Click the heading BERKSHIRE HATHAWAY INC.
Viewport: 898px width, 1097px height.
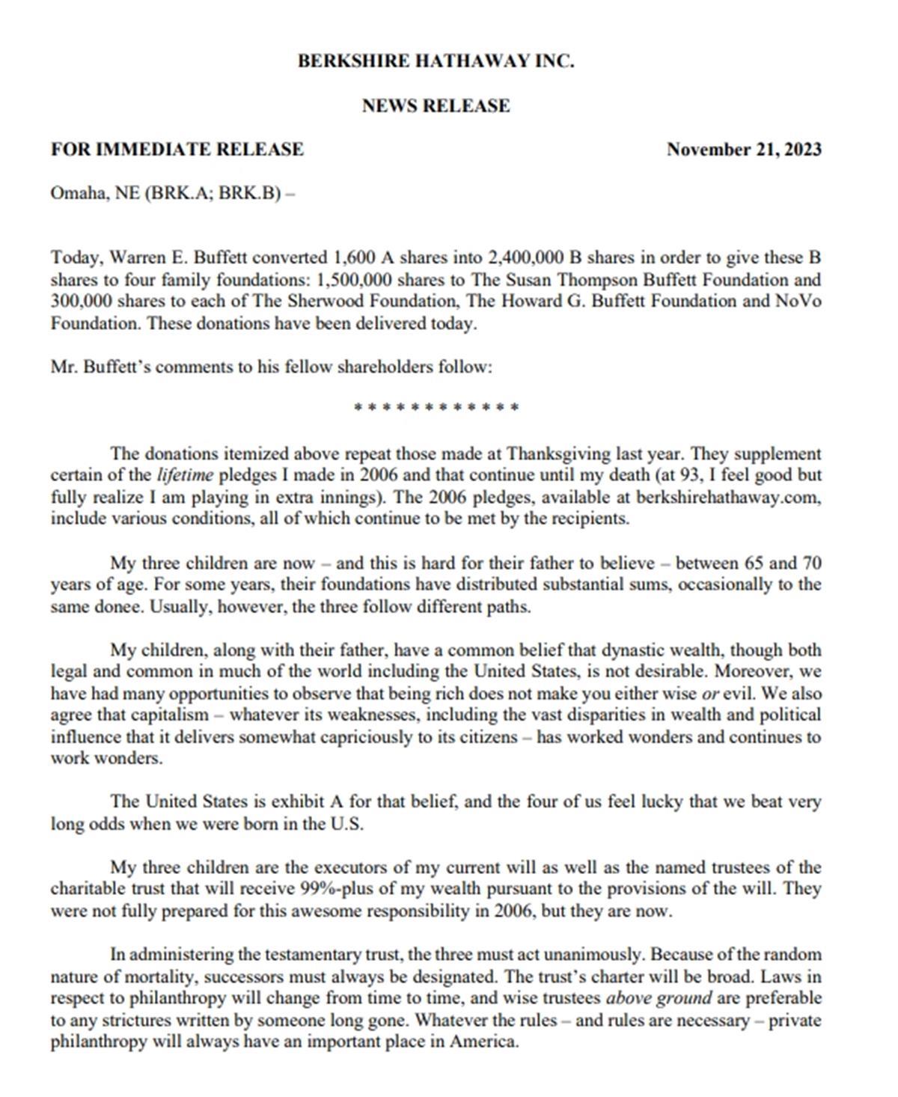click(436, 61)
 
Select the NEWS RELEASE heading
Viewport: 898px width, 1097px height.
click(436, 106)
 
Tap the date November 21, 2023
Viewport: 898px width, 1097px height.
click(744, 149)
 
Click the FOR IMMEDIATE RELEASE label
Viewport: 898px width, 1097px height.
click(177, 149)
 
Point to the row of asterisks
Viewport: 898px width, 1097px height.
click(436, 409)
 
